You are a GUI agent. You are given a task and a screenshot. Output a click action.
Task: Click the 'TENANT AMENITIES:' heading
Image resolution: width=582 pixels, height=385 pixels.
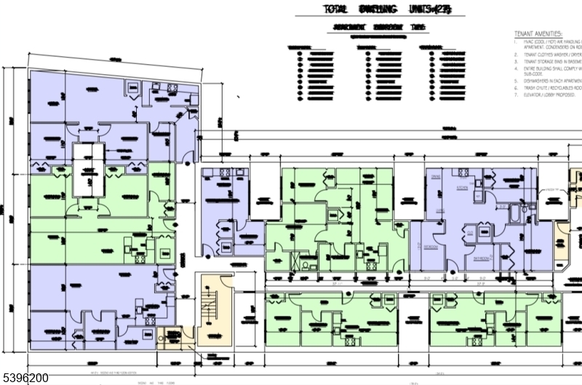click(x=538, y=34)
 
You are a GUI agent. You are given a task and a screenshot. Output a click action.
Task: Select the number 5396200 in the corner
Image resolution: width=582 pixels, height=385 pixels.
click(x=25, y=378)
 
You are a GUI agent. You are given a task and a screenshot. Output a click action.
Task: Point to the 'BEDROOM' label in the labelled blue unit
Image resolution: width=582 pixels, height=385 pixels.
click(x=431, y=247)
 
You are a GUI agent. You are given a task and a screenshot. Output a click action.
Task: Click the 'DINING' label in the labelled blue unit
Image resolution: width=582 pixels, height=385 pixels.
click(x=436, y=178)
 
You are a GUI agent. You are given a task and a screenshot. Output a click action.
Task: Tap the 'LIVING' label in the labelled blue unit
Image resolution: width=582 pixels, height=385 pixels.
click(x=441, y=210)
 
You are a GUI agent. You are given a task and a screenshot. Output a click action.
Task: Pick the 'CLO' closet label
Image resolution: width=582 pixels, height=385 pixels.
click(x=471, y=232)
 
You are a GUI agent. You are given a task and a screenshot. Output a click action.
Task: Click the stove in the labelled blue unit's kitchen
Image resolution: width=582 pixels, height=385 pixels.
click(x=459, y=172)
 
